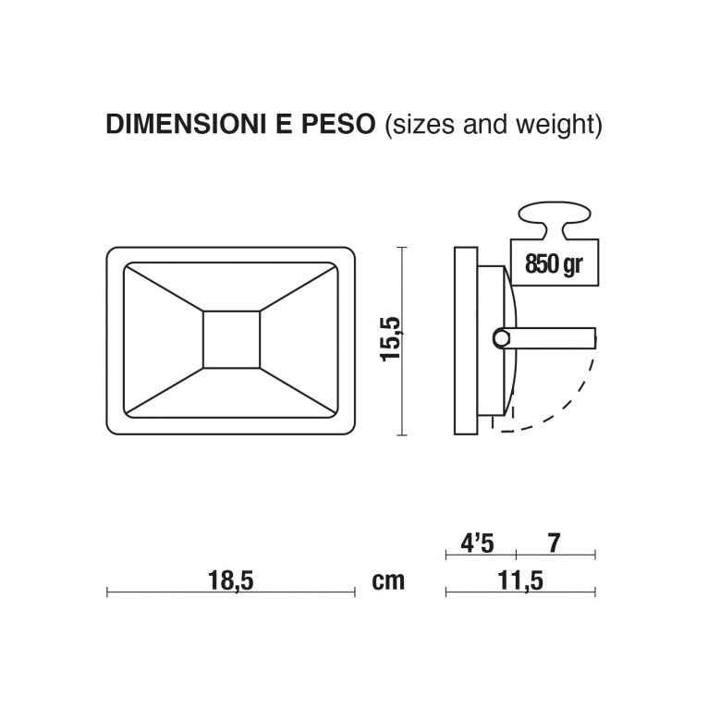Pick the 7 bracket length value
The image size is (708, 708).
[554, 543]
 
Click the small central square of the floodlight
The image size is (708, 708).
[230, 339]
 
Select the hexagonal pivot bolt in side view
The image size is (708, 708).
[502, 339]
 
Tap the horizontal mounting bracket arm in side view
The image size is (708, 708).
[555, 339]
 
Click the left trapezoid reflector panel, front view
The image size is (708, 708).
[163, 339]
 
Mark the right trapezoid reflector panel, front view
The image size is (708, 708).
[298, 339]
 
